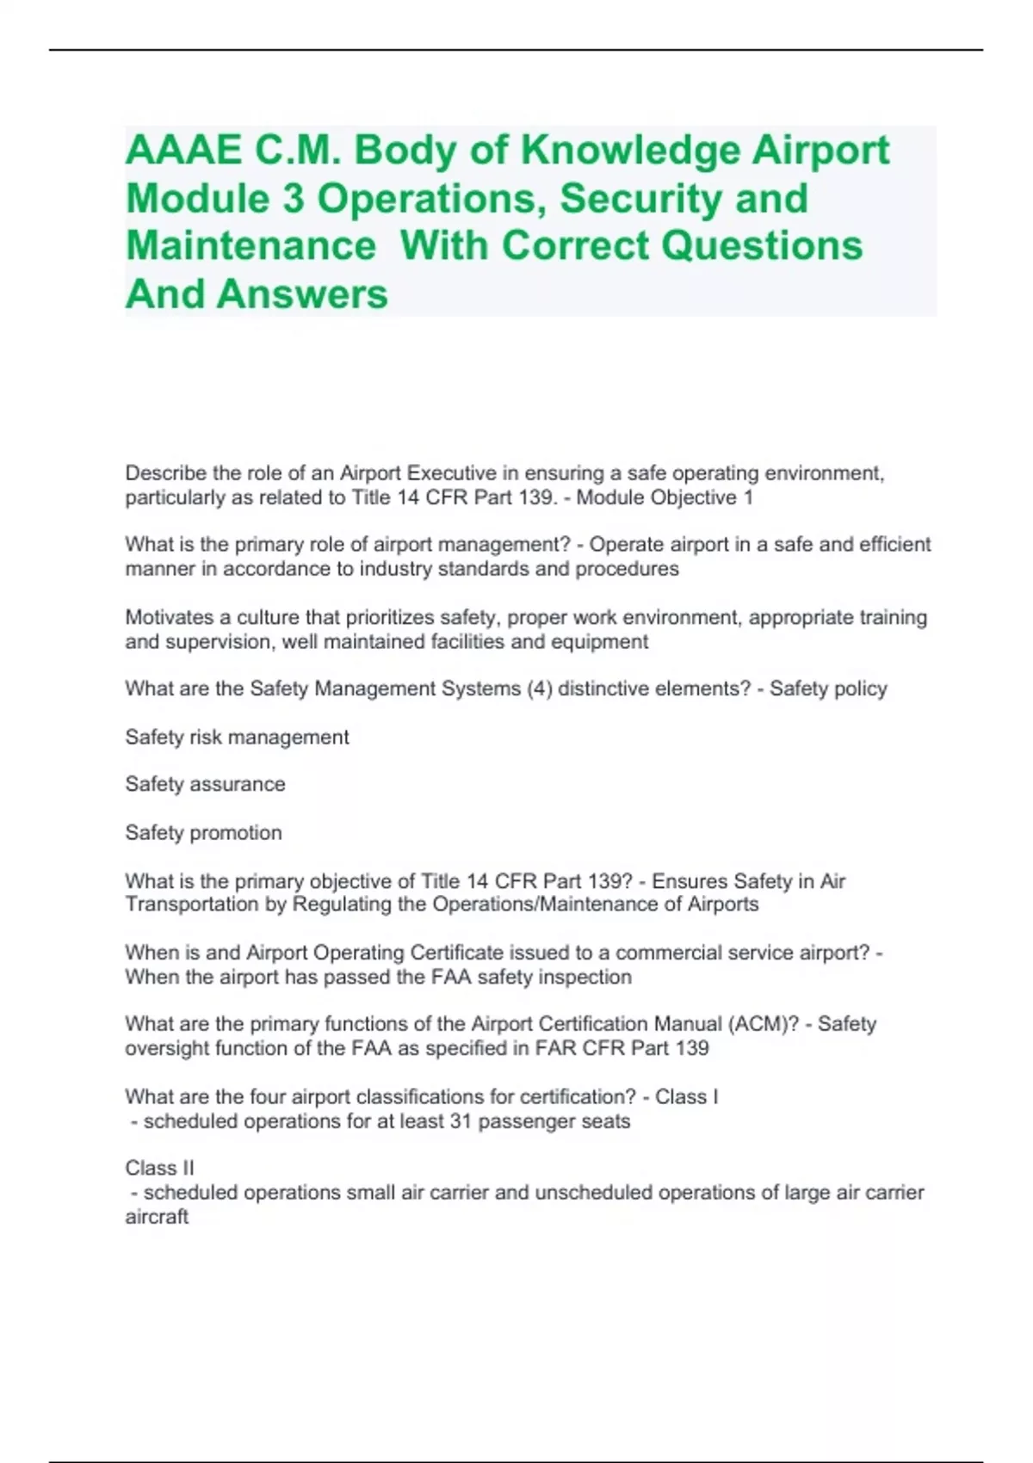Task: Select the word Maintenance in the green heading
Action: (x=251, y=246)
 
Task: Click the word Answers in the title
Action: (x=302, y=294)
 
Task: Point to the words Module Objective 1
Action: (x=665, y=497)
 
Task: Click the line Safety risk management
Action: (x=237, y=737)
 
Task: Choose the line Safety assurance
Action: (x=205, y=784)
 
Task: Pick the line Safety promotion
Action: (x=203, y=832)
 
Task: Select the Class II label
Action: (x=159, y=1168)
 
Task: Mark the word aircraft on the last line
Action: (x=157, y=1217)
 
